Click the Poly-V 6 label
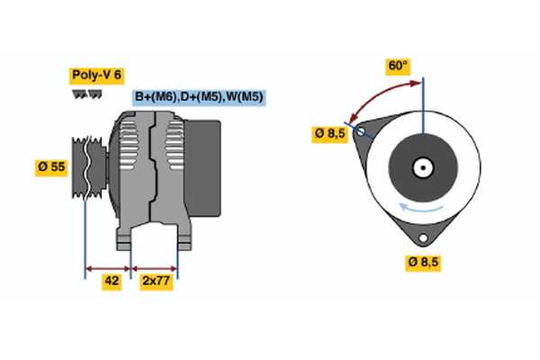click(x=96, y=76)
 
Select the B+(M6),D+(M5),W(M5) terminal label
click(x=199, y=97)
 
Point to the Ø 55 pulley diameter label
click(x=51, y=166)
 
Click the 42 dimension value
click(x=112, y=282)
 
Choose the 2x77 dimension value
click(x=155, y=282)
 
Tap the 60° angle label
click(x=398, y=66)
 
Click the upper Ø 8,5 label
click(x=329, y=134)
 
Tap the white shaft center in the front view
click(x=421, y=167)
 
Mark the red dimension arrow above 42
click(x=108, y=267)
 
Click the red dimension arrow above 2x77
click(x=155, y=267)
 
